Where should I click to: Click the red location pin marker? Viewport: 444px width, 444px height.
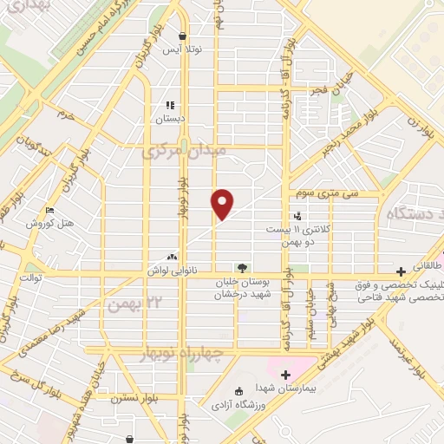[223, 203]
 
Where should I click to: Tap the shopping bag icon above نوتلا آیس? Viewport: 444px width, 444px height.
[183, 36]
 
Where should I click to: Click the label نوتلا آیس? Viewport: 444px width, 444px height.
[184, 50]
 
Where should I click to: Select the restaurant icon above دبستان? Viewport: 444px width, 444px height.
[171, 105]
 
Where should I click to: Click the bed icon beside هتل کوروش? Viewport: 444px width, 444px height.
[50, 210]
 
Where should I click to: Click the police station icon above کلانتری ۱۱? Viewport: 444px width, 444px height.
[297, 216]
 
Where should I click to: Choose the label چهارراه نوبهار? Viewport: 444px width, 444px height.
[182, 355]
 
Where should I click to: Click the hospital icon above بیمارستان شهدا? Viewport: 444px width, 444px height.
[285, 375]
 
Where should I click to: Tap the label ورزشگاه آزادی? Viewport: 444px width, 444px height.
[238, 405]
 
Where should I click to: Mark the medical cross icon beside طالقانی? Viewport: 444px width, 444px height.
[401, 271]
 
